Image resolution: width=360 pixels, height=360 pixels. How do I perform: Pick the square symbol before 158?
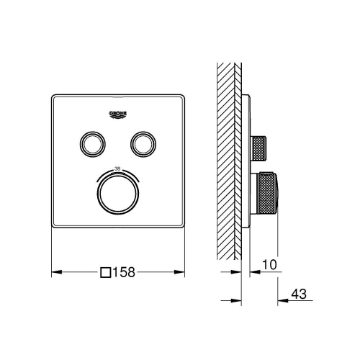[x=106, y=272]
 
